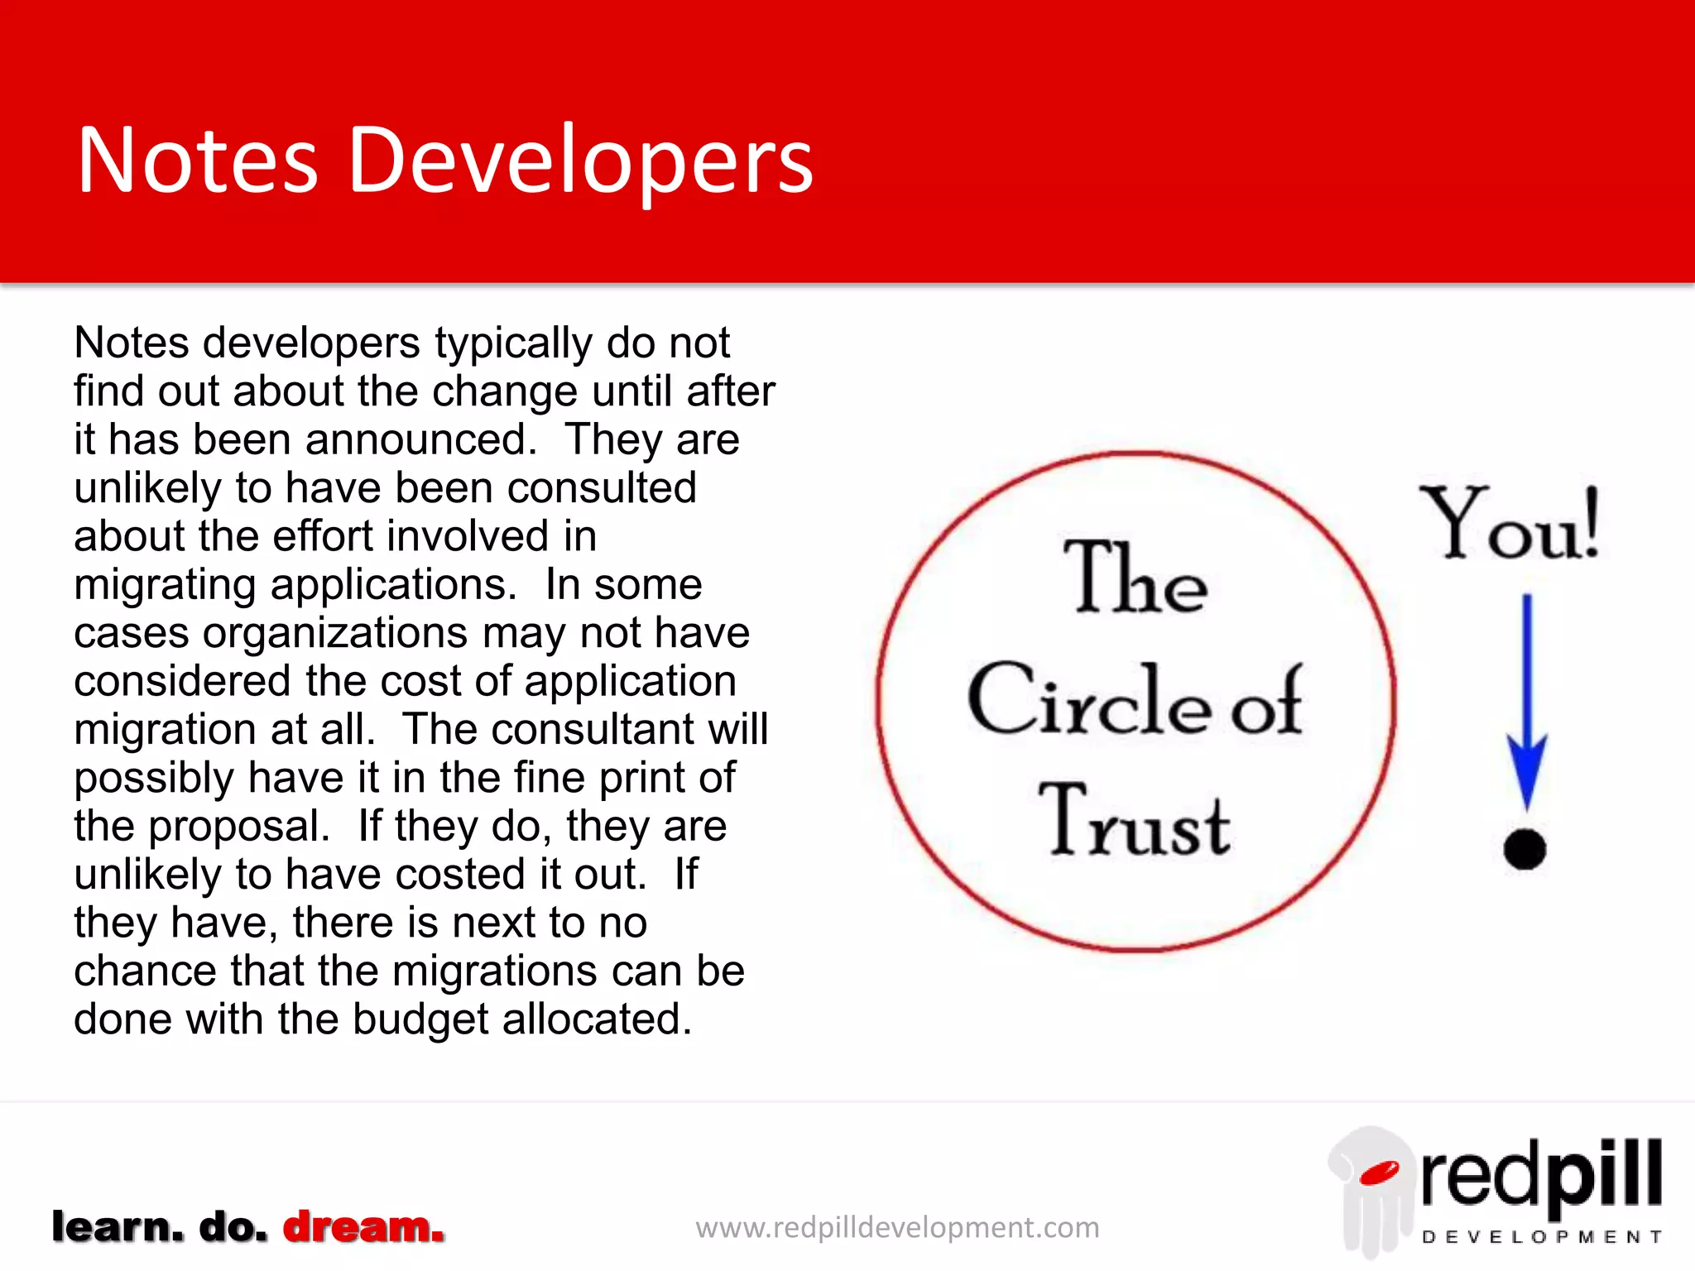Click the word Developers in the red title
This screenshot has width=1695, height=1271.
(581, 161)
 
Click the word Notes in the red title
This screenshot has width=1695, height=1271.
(198, 161)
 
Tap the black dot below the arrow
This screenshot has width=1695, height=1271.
(1525, 849)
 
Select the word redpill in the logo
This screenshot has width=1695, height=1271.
(1541, 1174)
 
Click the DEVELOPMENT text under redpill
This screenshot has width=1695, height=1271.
(1541, 1237)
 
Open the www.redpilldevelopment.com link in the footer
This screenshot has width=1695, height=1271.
(897, 1227)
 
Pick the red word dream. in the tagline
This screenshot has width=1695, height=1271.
(363, 1227)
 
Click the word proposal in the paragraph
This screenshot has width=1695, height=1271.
(239, 827)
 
